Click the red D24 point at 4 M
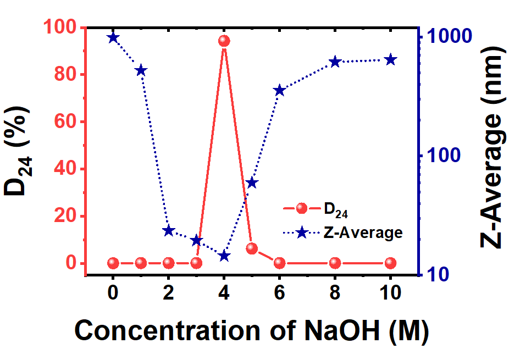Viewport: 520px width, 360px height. click(x=224, y=41)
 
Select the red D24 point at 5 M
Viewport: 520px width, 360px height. click(x=252, y=248)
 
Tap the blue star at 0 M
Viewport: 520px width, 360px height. click(x=113, y=37)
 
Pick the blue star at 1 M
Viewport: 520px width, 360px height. click(x=141, y=70)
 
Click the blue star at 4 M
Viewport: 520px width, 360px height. click(x=224, y=256)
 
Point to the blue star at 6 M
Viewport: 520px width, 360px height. click(x=279, y=91)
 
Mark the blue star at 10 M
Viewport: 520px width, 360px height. click(x=390, y=60)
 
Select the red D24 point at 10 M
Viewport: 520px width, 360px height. click(x=390, y=263)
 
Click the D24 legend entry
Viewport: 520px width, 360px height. click(x=335, y=209)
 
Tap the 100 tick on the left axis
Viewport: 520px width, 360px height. click(x=62, y=27)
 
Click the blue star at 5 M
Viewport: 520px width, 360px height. click(x=252, y=182)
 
